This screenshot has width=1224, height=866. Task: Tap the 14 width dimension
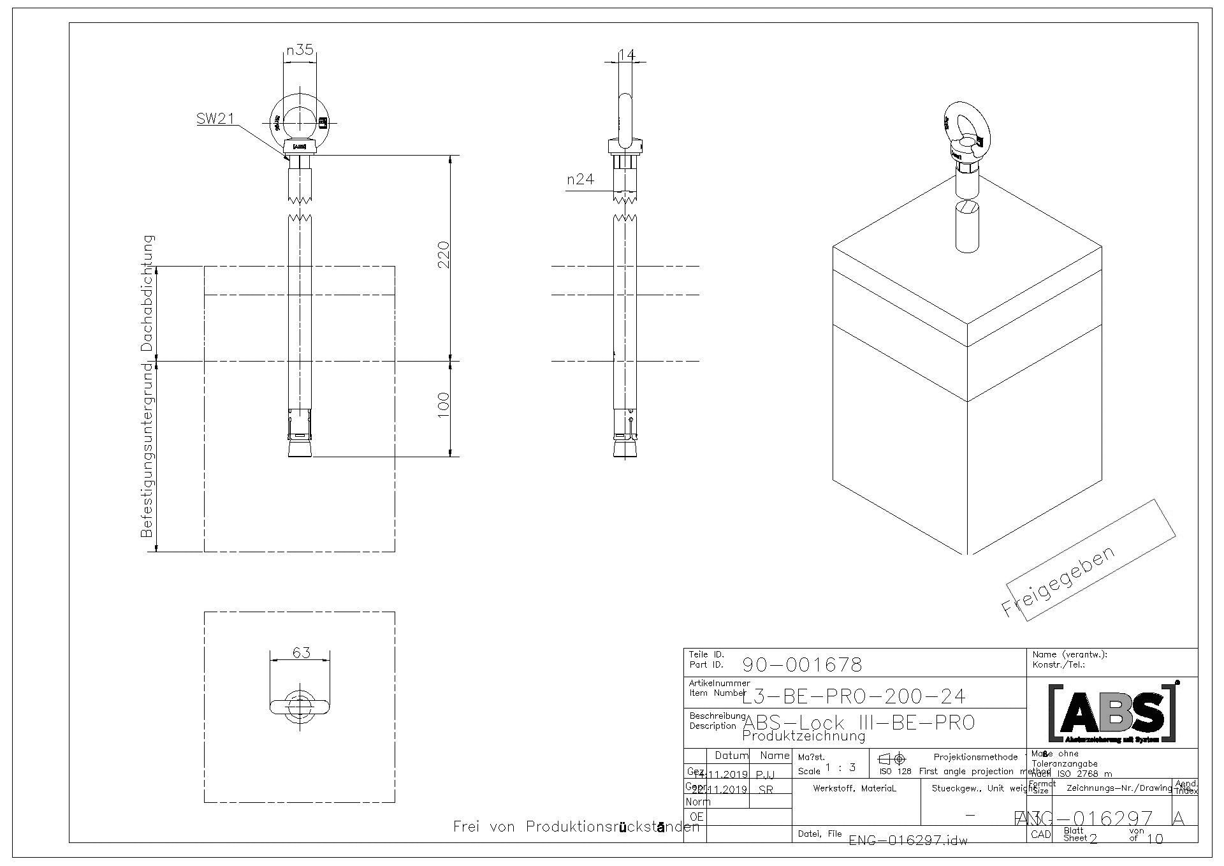click(x=627, y=55)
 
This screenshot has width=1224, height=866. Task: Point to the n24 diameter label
click(x=580, y=180)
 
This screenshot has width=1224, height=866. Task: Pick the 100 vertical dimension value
click(x=444, y=404)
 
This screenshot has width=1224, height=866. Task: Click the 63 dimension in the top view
click(x=301, y=652)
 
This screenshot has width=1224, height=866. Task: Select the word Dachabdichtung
click(x=147, y=293)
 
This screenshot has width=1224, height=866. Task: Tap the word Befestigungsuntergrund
click(x=147, y=450)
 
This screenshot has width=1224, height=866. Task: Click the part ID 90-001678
click(x=802, y=665)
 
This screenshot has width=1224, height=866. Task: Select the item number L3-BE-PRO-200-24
click(x=854, y=696)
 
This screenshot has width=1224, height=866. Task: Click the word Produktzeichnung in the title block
click(x=803, y=737)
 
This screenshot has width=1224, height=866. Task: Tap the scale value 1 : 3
click(x=840, y=768)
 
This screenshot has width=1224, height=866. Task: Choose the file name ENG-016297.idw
click(x=908, y=840)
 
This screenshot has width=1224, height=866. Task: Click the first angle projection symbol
click(x=892, y=759)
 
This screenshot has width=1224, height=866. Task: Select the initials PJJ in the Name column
click(x=765, y=775)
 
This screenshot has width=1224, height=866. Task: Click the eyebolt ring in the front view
click(x=300, y=120)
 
